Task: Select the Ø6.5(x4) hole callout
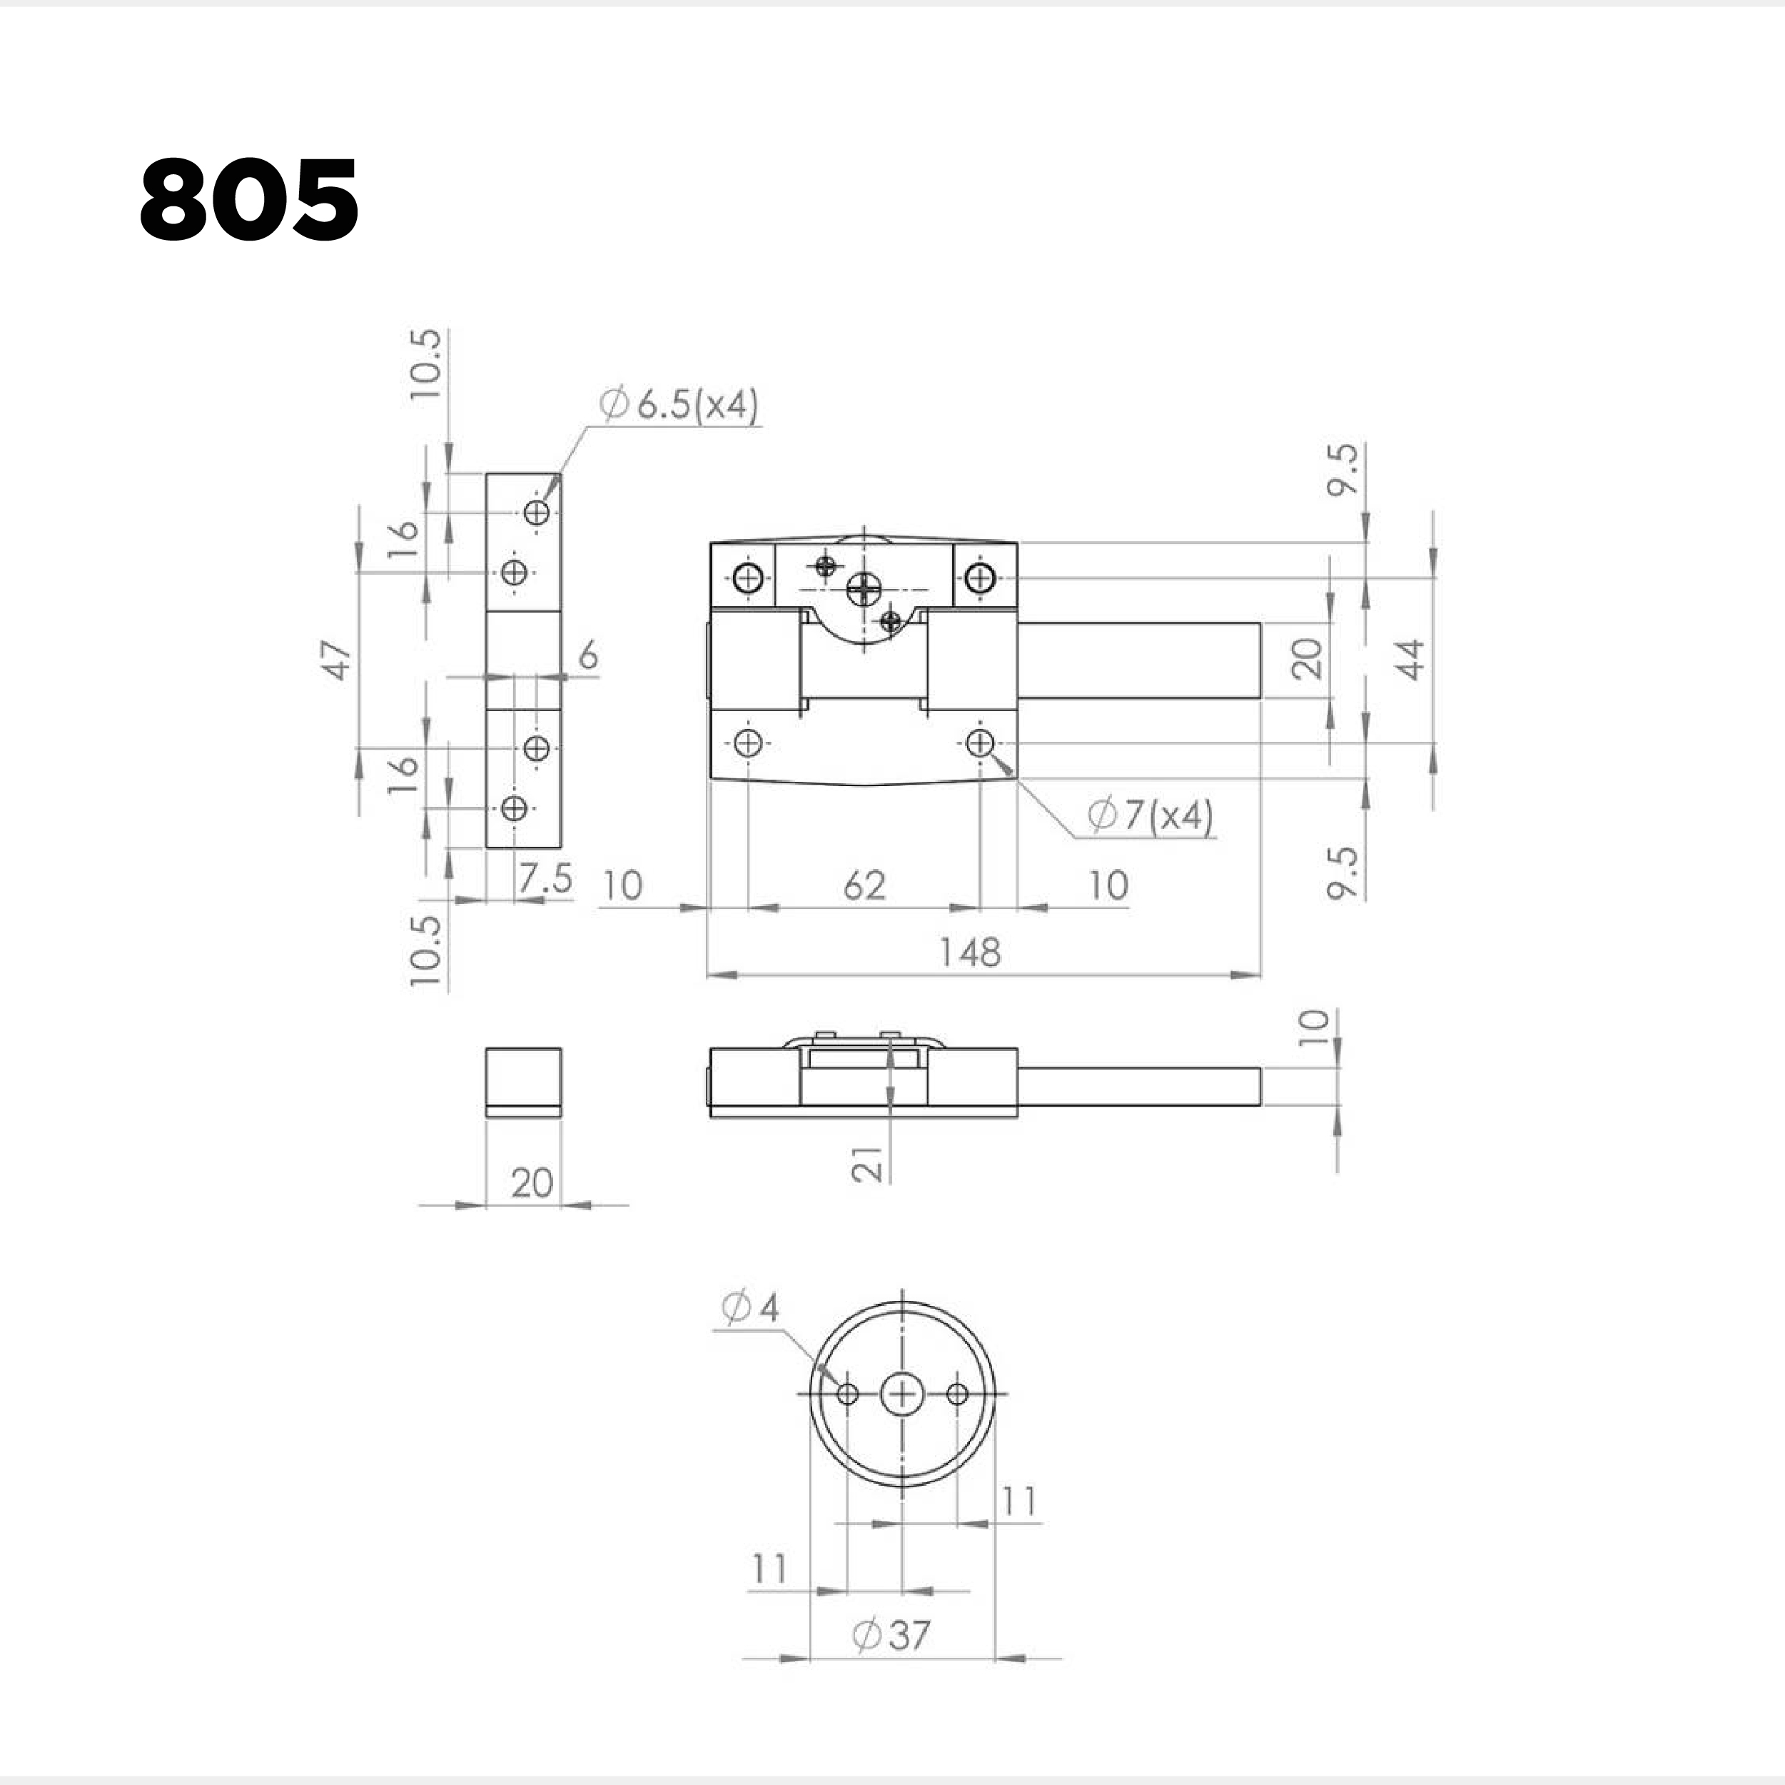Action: coord(679,405)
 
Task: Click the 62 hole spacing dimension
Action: coord(865,885)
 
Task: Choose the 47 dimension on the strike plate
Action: coord(339,659)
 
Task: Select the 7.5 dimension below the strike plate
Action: coord(545,878)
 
